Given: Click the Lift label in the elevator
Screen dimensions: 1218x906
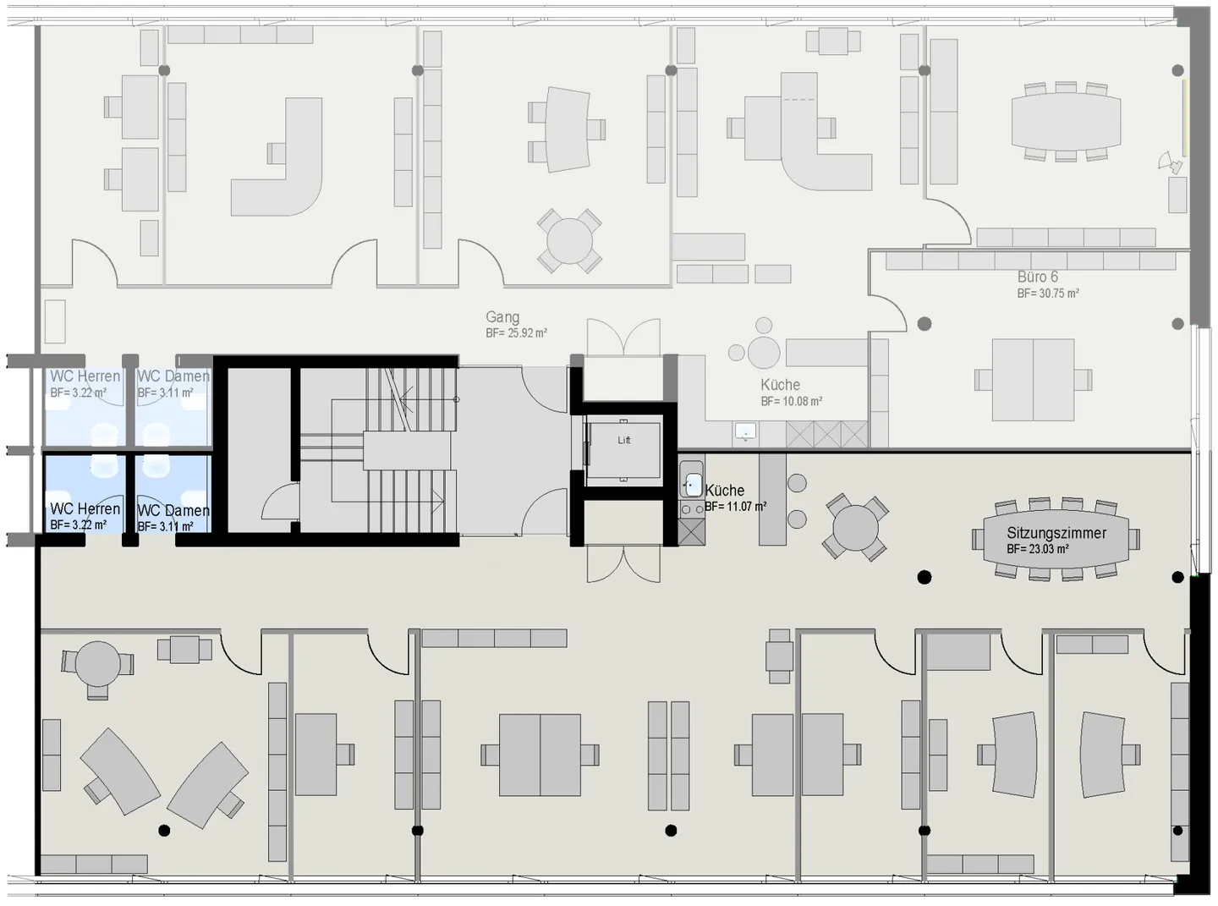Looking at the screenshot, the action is click(x=624, y=440).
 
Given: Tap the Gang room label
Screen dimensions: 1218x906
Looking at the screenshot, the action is click(x=502, y=317).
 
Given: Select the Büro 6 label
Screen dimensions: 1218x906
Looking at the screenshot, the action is click(x=1037, y=277).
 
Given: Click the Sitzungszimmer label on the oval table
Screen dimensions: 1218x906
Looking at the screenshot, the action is click(x=1056, y=532).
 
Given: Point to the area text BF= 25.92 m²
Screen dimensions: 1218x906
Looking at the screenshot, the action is click(x=516, y=333).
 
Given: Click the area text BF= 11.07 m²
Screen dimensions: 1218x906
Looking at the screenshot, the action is click(x=735, y=506).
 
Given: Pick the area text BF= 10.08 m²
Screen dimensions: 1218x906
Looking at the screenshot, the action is click(x=792, y=401).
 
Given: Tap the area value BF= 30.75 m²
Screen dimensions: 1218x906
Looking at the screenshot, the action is click(x=1048, y=294).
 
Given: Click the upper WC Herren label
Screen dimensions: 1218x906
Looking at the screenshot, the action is click(x=85, y=376).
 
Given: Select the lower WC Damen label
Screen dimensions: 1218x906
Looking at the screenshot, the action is click(x=173, y=510).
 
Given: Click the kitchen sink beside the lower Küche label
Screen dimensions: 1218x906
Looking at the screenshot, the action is click(x=692, y=485).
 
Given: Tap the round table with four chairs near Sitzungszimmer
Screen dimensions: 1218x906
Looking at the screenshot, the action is click(x=855, y=528).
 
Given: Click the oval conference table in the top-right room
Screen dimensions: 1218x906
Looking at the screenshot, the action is click(x=1066, y=122).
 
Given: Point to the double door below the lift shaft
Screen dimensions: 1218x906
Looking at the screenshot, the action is click(x=624, y=564).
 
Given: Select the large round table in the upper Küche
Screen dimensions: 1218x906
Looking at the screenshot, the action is click(x=764, y=352).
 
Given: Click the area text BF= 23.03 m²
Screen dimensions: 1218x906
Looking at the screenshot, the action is click(x=1037, y=549).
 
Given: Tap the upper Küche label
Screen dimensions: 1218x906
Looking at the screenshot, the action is click(x=781, y=385).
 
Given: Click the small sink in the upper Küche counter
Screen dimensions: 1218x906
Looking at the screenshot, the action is click(x=745, y=431).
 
